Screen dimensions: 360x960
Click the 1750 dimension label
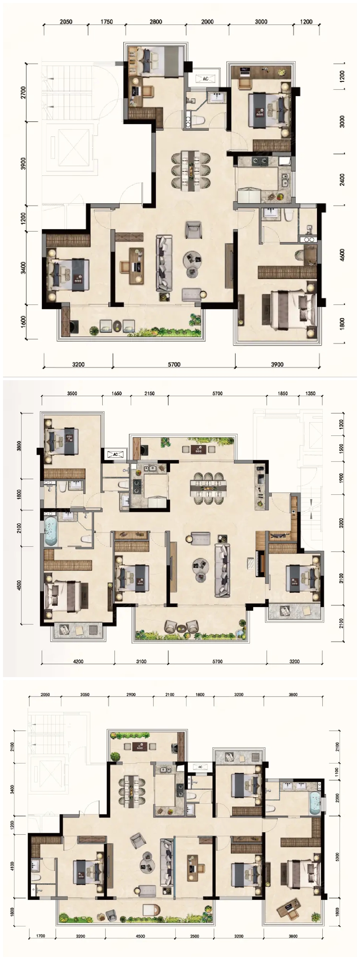click(x=107, y=22)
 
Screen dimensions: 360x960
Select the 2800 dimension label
click(x=156, y=22)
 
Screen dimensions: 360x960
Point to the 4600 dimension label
click(x=342, y=255)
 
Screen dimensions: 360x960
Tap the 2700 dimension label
click(x=23, y=92)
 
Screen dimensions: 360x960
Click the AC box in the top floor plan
click(x=205, y=79)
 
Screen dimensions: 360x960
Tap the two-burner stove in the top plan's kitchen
click(x=259, y=161)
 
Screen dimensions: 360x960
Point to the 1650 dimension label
click(x=117, y=393)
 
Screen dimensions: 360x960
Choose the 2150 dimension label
click(x=149, y=393)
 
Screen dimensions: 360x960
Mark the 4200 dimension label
click(x=78, y=661)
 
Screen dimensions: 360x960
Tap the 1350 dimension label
click(x=310, y=393)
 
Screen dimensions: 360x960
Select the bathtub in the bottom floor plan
click(x=315, y=803)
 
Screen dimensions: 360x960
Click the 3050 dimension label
click(x=85, y=695)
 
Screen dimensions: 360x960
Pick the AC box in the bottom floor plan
click(x=200, y=767)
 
